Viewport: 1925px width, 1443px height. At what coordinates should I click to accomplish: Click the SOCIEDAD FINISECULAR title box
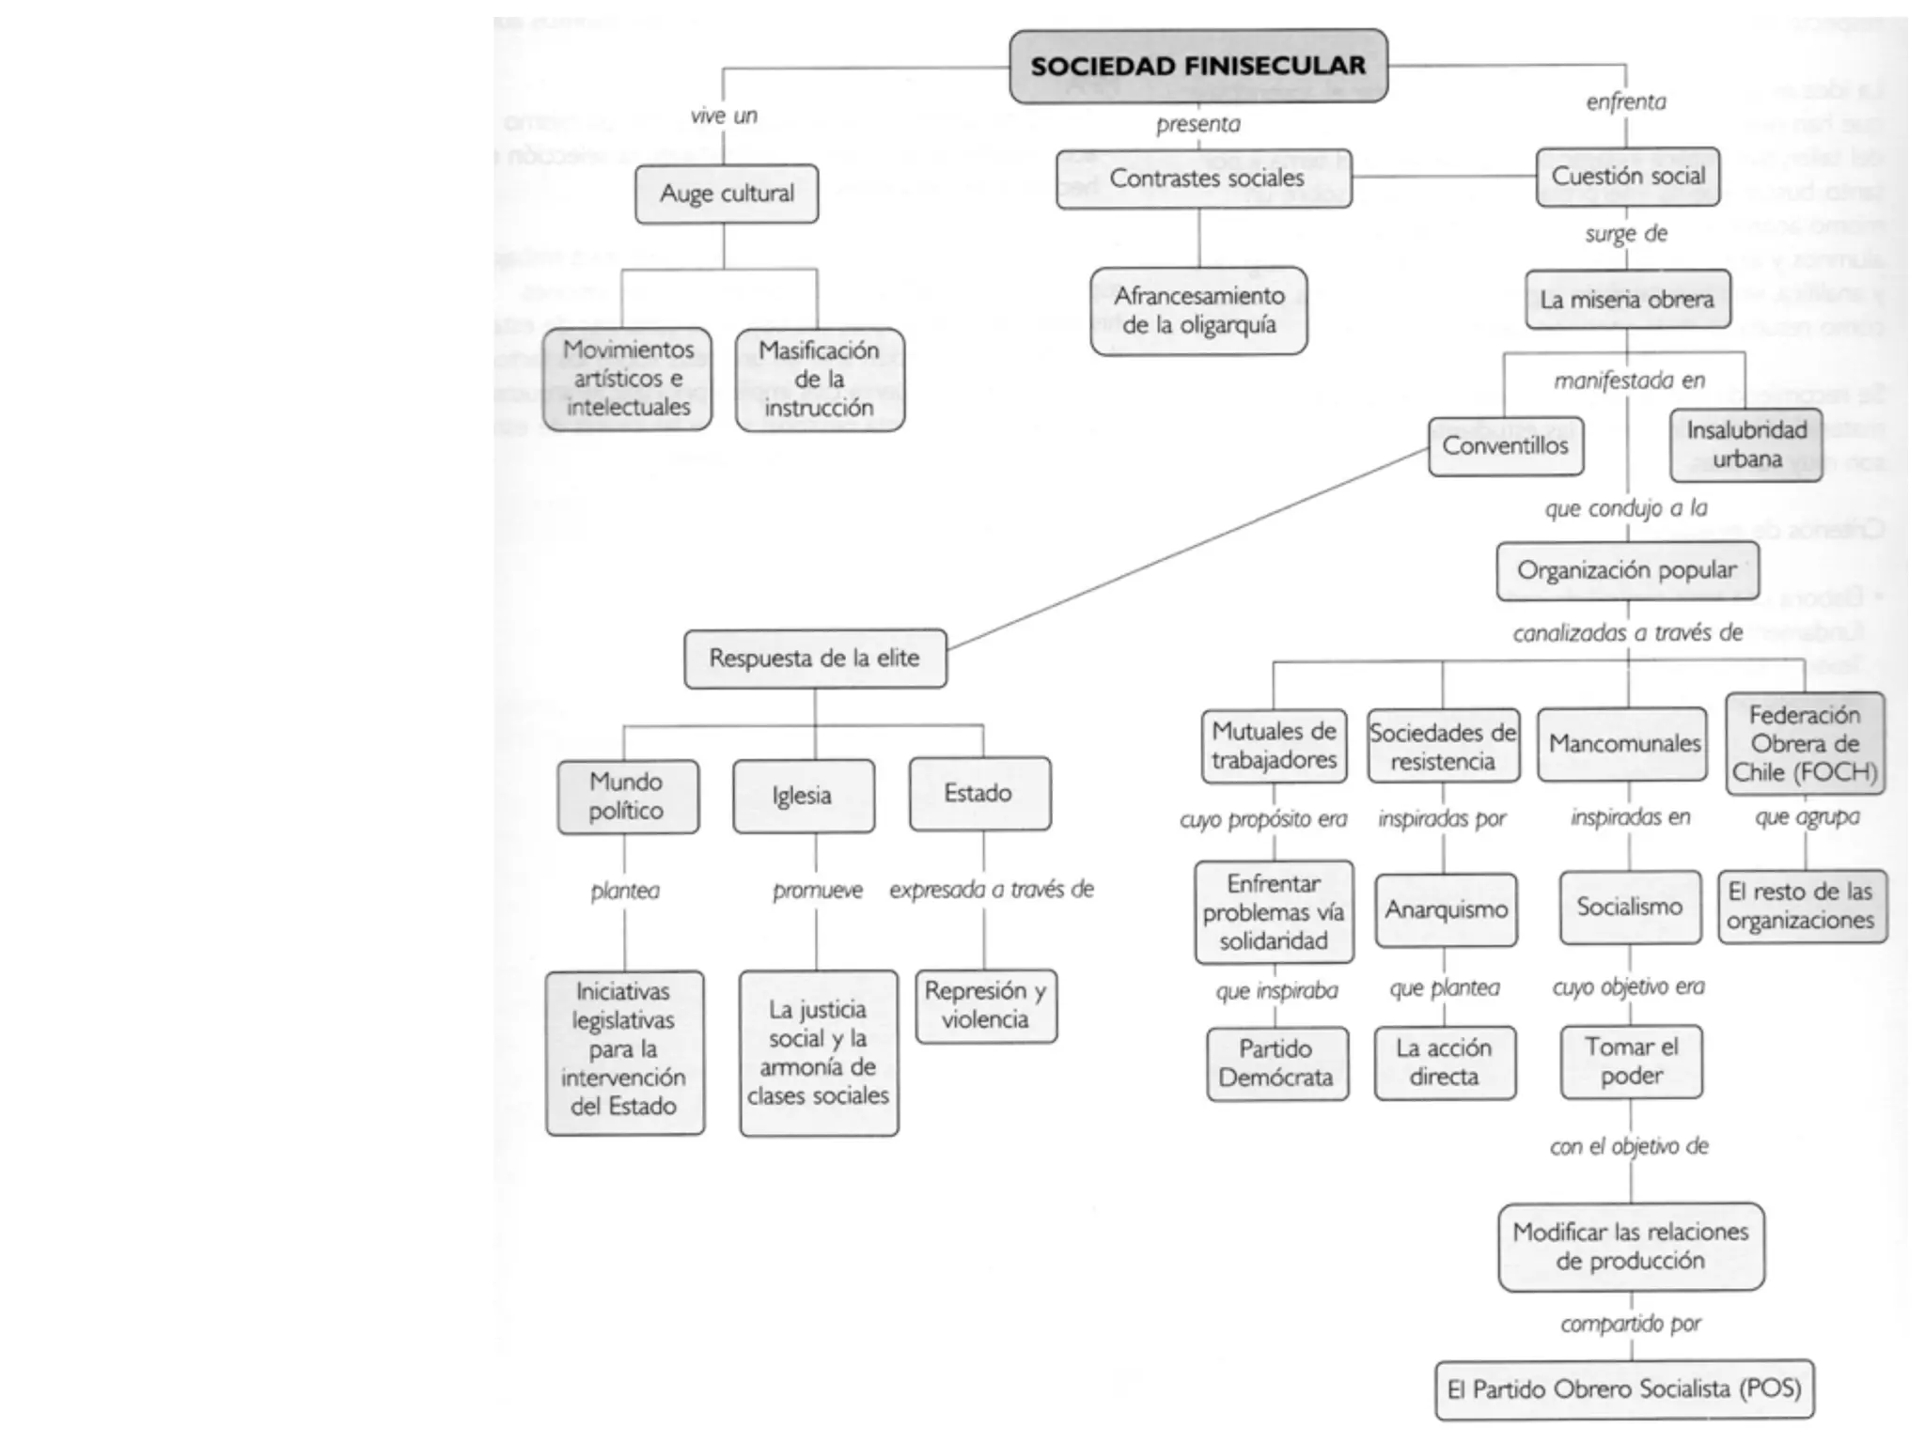(x=1198, y=66)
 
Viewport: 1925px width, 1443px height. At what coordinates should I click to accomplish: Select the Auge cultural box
(x=727, y=194)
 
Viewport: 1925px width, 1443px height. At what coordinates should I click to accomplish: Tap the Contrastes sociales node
(x=1204, y=178)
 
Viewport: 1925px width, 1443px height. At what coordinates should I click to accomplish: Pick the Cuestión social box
(x=1628, y=177)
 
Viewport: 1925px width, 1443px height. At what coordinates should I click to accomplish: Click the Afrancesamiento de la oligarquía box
(x=1198, y=311)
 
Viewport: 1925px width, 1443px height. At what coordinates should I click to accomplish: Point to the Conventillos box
(x=1506, y=446)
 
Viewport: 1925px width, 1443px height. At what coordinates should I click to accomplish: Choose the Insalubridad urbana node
(x=1746, y=444)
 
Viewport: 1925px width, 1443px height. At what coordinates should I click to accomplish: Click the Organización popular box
(x=1627, y=570)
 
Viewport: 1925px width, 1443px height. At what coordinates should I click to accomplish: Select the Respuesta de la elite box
(x=815, y=659)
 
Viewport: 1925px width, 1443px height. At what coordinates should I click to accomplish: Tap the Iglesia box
(x=803, y=796)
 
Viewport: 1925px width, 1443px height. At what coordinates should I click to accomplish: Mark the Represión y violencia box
(x=985, y=1005)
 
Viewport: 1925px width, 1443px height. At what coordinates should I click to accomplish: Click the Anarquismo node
(x=1446, y=909)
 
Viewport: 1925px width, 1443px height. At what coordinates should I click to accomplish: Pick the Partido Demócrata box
(x=1276, y=1063)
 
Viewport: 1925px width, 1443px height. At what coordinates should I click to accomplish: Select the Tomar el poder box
(x=1631, y=1062)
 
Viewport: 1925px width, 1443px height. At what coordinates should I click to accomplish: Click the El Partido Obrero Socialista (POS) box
(x=1624, y=1389)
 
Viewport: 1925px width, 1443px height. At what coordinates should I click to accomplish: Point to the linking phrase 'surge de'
(x=1626, y=234)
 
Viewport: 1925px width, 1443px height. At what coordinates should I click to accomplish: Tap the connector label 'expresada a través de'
(x=992, y=890)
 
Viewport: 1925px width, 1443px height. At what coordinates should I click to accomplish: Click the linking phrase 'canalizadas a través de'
(x=1627, y=633)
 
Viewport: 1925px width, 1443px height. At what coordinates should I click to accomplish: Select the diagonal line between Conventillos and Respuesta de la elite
(x=1188, y=549)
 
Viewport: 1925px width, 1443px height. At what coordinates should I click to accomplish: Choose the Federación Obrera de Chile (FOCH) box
(x=1805, y=744)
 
